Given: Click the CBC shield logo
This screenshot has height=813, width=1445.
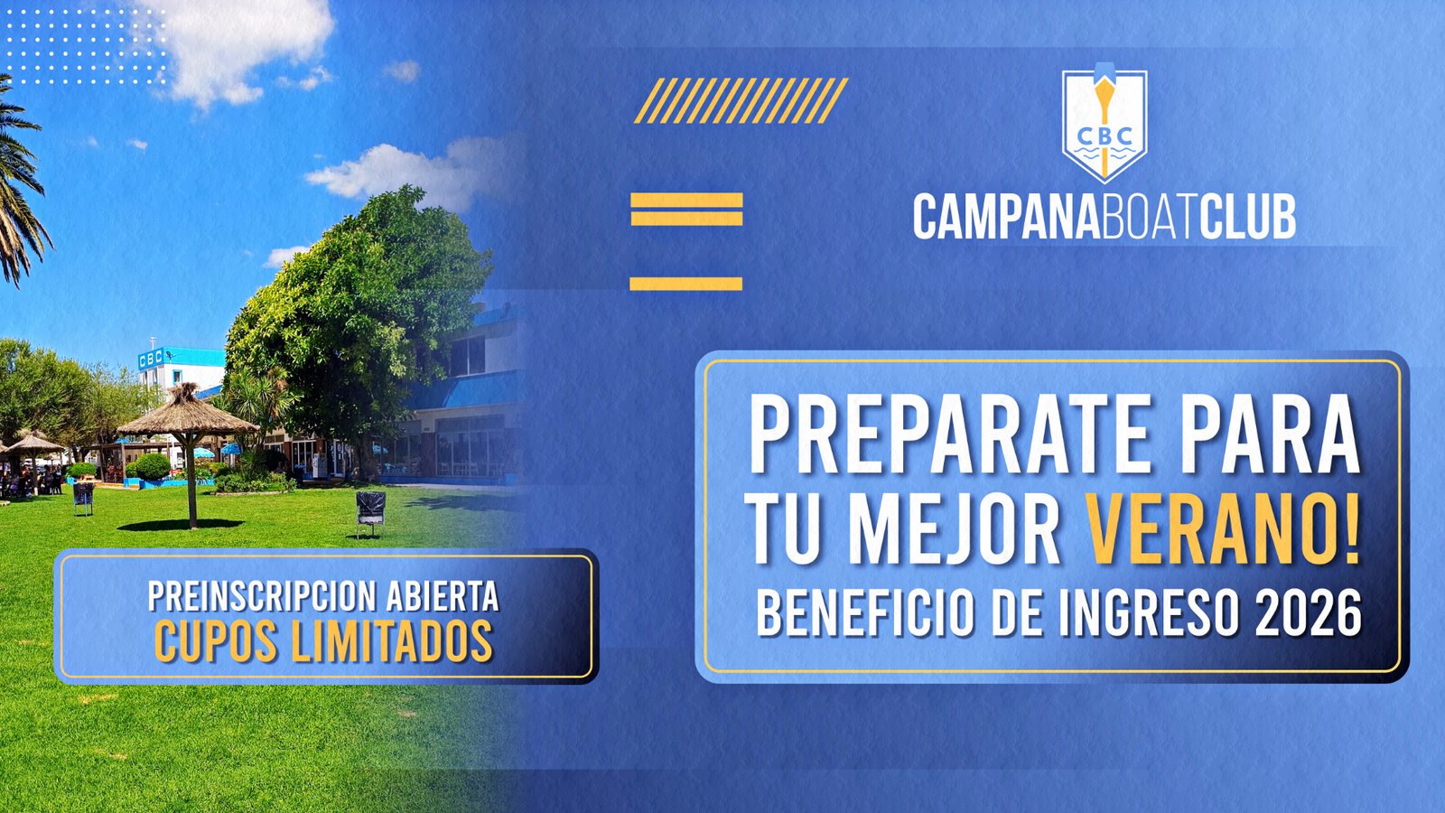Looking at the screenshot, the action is pyautogui.click(x=1105, y=123).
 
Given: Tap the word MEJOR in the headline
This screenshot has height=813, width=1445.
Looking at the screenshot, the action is pyautogui.click(x=955, y=529).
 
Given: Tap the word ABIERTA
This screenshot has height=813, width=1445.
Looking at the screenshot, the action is pyautogui.click(x=443, y=596).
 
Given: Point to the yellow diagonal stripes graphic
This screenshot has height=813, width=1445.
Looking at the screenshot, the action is pyautogui.click(x=741, y=100).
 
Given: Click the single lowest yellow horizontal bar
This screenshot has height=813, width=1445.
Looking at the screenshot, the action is pyautogui.click(x=685, y=284).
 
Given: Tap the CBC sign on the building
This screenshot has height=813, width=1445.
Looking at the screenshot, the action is pyautogui.click(x=150, y=359).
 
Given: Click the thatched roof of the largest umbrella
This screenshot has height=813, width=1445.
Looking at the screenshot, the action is pyautogui.click(x=188, y=412).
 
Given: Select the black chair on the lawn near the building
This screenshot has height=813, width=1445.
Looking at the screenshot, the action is pyautogui.click(x=371, y=512).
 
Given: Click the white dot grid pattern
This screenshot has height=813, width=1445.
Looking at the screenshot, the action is pyautogui.click(x=85, y=44).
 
